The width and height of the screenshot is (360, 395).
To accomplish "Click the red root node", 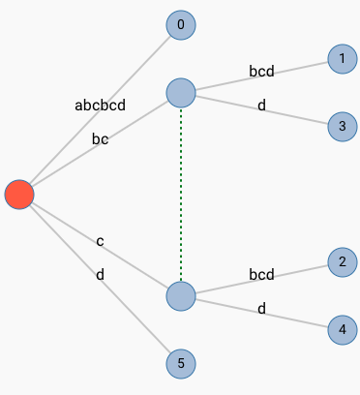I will pos(19,195).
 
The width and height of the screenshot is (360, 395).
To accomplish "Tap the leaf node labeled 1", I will pos(342,59).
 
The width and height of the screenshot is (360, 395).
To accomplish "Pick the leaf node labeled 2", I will pos(342,261).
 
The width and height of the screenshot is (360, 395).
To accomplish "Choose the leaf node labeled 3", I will pos(342,126).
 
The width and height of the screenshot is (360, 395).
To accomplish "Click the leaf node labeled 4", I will pos(342,329).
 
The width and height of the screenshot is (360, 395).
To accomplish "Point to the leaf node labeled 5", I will pos(181,363).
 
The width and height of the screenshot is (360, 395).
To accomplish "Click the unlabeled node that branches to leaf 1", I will pos(181,93).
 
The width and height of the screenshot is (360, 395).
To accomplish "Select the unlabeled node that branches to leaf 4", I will pos(181,295).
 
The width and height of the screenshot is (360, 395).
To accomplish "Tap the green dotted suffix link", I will pos(181,194).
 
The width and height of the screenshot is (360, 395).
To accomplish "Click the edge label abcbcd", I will pos(100,105).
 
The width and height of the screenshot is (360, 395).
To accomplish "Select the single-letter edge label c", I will pos(100,241).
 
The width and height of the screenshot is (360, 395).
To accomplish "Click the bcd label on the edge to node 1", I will pos(261,71).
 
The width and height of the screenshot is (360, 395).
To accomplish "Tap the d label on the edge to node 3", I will pos(261,105).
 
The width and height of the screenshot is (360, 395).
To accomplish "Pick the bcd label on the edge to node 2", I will pos(261,274).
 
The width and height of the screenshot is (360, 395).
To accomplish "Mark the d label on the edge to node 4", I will pos(261,308).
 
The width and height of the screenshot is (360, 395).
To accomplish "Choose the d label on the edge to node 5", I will pos(100,275).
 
